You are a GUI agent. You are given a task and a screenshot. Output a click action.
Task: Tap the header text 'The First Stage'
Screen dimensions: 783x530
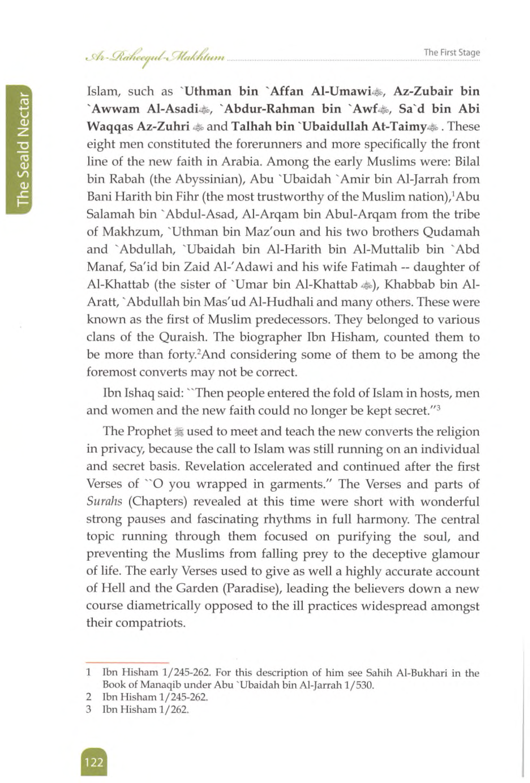(452, 53)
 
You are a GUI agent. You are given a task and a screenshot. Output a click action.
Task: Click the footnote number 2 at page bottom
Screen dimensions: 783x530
(89, 697)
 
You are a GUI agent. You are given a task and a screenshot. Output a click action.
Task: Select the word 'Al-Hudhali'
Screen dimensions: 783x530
(281, 302)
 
